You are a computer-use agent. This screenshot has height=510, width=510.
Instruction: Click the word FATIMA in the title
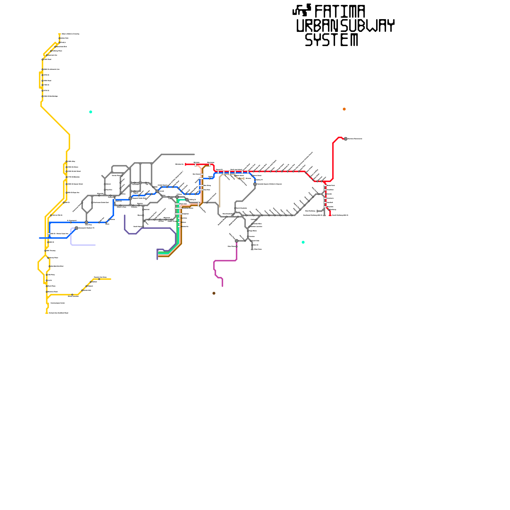(x=340, y=12)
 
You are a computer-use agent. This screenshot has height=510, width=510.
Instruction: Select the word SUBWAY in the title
(x=368, y=26)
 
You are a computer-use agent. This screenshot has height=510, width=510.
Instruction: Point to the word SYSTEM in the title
(x=331, y=40)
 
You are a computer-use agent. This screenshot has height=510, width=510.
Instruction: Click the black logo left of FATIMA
(x=302, y=10)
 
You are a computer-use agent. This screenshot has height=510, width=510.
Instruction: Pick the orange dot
(x=344, y=109)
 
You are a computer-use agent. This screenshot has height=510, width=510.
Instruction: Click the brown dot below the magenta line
(x=214, y=293)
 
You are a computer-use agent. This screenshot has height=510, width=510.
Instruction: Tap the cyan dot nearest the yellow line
(x=91, y=112)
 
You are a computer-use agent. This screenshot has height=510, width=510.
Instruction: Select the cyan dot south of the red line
(x=303, y=242)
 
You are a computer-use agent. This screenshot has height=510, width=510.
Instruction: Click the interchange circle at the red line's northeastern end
(x=346, y=139)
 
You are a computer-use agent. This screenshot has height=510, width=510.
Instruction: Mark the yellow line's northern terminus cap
(x=60, y=34)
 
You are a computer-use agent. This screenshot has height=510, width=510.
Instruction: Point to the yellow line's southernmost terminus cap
(x=47, y=313)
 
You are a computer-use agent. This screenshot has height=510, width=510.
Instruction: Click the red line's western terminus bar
(x=186, y=164)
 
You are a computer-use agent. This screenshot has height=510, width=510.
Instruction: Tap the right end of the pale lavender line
(x=95, y=245)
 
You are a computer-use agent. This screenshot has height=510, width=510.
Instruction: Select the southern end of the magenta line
(x=222, y=286)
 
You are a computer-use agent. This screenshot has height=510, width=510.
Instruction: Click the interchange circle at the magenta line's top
(x=237, y=241)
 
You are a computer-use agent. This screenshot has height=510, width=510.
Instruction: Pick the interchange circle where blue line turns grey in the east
(x=255, y=184)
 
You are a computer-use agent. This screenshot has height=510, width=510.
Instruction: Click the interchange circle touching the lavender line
(x=76, y=228)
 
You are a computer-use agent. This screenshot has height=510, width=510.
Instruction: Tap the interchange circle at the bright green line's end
(x=177, y=197)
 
